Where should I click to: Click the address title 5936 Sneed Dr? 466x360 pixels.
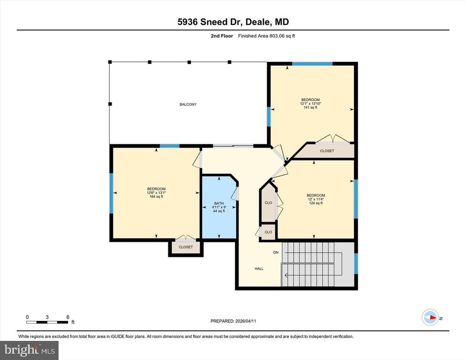pyautogui.click(x=233, y=22)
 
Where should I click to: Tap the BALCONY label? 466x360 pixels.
pyautogui.click(x=188, y=104)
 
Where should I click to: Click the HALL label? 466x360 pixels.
pyautogui.click(x=259, y=269)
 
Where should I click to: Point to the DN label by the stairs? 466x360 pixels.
pyautogui.click(x=276, y=253)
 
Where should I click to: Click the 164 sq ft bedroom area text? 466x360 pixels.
pyautogui.click(x=156, y=196)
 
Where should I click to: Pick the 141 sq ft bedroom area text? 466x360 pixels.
pyautogui.click(x=310, y=107)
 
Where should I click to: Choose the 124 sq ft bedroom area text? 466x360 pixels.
pyautogui.click(x=316, y=203)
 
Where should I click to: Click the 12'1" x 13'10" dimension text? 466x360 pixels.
pyautogui.click(x=310, y=104)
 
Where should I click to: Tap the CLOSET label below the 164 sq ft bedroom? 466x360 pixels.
pyautogui.click(x=186, y=247)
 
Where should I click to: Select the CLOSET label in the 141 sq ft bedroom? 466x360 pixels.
pyautogui.click(x=327, y=151)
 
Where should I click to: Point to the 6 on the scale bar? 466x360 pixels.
pyautogui.click(x=68, y=317)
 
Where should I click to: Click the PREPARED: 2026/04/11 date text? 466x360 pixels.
pyautogui.click(x=233, y=321)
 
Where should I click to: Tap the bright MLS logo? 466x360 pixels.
pyautogui.click(x=30, y=349)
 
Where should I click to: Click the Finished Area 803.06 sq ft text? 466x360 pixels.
pyautogui.click(x=266, y=36)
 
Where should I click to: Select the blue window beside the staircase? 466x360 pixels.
pyautogui.click(x=355, y=263)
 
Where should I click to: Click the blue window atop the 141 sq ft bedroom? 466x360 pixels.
pyautogui.click(x=312, y=63)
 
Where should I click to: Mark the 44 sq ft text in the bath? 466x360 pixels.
pyautogui.click(x=219, y=211)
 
